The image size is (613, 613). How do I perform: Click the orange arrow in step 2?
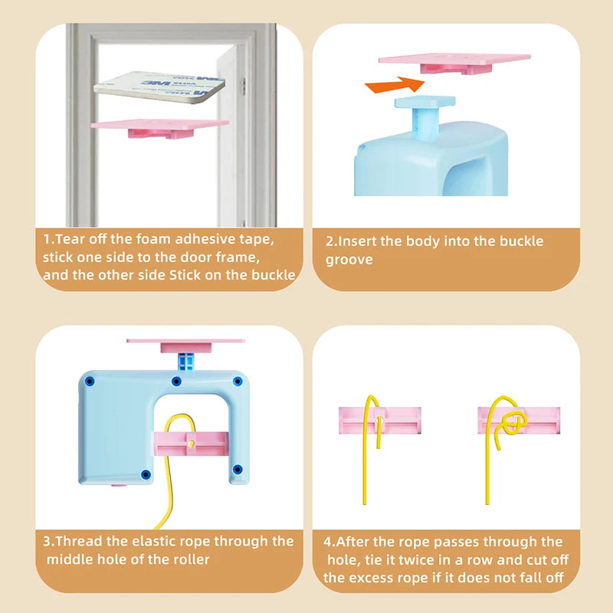tap(395, 85)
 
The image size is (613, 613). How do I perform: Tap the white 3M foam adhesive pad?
tap(159, 87)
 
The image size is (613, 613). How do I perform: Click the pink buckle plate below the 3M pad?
tap(159, 128)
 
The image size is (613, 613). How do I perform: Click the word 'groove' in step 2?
tap(349, 261)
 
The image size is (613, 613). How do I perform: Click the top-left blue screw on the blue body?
tap(90, 381)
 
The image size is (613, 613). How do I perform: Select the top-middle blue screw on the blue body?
tap(176, 381)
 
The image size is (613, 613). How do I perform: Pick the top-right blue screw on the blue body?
tap(238, 381)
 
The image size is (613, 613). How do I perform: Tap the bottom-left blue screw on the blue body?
tap(146, 474)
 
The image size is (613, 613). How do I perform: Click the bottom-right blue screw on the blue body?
tap(238, 469)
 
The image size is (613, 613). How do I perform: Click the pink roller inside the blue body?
tap(191, 444)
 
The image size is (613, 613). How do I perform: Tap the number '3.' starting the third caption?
tap(49, 542)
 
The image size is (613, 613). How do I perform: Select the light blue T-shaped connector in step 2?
tap(425, 117)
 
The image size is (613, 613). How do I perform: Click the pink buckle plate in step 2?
tap(454, 64)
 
